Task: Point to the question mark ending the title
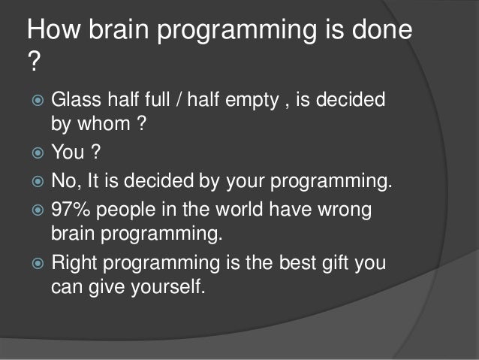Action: point(32,64)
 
